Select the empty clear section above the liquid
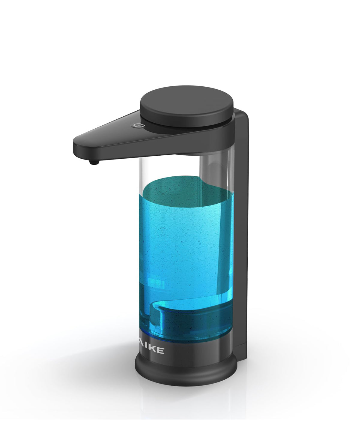(168, 168)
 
